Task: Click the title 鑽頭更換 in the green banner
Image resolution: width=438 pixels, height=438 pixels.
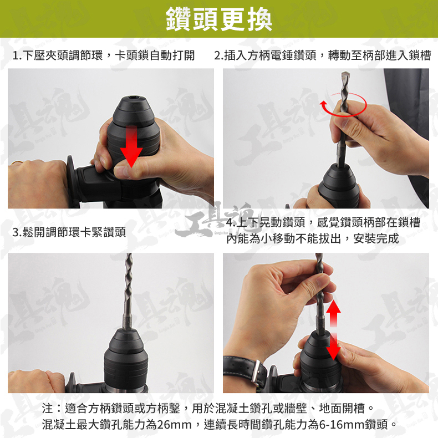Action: coord(218,19)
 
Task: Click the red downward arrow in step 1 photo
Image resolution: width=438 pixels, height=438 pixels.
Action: coord(131,146)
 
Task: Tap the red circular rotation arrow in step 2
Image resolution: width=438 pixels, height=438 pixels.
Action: coord(343,105)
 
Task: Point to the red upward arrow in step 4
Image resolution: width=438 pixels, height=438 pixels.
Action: coord(334,313)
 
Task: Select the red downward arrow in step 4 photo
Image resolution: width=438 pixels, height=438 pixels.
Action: coord(334,347)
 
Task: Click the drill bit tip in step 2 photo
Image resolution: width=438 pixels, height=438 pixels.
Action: coord(345,74)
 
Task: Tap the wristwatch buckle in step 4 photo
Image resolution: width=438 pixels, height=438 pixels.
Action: coord(255,371)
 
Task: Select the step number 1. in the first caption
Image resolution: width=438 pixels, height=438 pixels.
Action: coord(17,55)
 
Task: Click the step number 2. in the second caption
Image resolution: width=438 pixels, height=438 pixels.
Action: coord(218,55)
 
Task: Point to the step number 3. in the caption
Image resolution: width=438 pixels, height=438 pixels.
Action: coord(17,232)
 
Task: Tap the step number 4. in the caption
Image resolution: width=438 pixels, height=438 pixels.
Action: coord(231,223)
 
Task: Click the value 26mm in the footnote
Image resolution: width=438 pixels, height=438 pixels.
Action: coord(174,425)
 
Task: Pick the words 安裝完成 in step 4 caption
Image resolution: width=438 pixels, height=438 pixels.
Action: coord(376,239)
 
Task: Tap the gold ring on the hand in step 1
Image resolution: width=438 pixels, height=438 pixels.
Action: coord(17,162)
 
